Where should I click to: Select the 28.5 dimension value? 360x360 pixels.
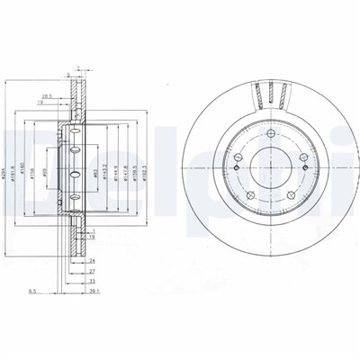click(x=45, y=94)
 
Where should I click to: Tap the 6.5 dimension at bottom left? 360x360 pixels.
click(x=33, y=291)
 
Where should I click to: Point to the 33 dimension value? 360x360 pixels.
click(x=93, y=281)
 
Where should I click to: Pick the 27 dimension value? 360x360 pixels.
click(x=92, y=271)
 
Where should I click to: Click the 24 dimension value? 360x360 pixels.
click(x=92, y=262)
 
